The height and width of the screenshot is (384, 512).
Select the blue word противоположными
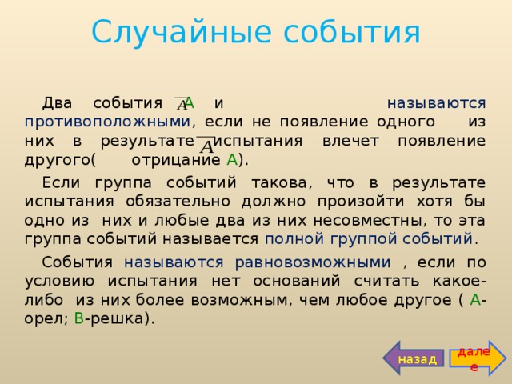(x=107, y=122)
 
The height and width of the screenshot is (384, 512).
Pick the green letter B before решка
(x=78, y=318)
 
